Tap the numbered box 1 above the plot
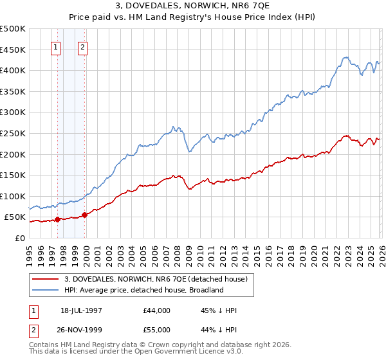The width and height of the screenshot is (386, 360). click(56, 46)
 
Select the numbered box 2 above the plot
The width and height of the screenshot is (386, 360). click(84, 46)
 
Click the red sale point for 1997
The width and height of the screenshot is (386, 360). click(58, 219)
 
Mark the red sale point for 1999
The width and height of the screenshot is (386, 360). click(84, 215)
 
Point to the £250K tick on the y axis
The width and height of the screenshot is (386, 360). click(13, 133)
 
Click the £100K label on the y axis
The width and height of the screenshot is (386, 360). click(13, 196)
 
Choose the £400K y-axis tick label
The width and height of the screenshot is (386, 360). click(13, 70)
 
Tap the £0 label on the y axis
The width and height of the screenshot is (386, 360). click(19, 238)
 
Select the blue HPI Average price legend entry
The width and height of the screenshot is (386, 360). click(143, 290)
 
